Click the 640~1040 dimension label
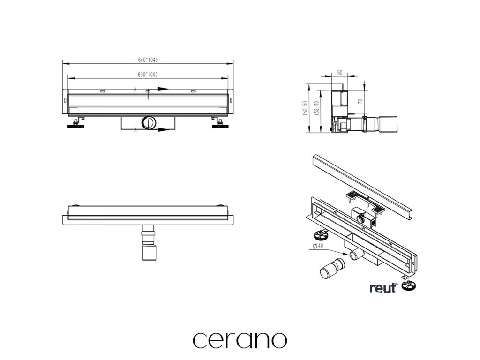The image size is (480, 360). tap(148, 60)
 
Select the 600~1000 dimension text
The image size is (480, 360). tap(148, 75)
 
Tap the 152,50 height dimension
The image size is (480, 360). tap(305, 109)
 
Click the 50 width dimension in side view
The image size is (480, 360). tap(340, 73)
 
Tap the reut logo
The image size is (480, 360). tap(383, 287)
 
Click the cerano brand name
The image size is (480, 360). tap(240, 339)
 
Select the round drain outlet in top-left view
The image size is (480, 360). tap(149, 123)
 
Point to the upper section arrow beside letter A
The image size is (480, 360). tap(162, 88)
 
